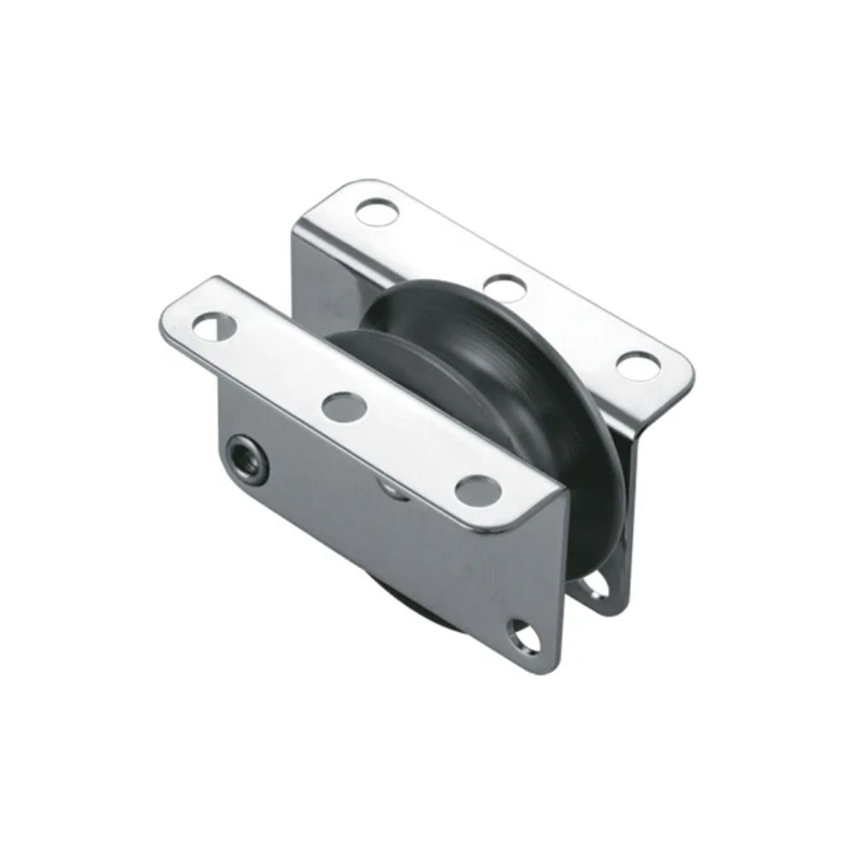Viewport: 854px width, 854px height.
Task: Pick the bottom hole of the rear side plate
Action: [x=598, y=588]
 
